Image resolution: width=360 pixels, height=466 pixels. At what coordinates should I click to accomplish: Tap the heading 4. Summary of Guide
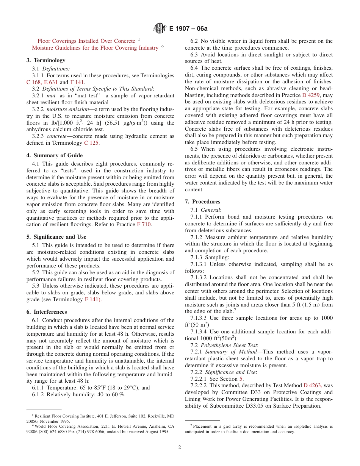pyautogui.click(x=55, y=155)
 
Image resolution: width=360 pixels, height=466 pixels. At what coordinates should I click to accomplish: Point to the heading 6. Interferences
pyautogui.click(x=47, y=312)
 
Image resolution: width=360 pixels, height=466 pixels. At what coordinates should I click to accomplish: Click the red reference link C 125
pyautogui.click(x=92, y=143)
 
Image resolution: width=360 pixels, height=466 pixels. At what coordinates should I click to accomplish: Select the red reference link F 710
pyautogui.click(x=144, y=224)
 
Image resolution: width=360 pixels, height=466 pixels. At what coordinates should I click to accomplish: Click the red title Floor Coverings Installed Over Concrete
pyautogui.click(x=86, y=41)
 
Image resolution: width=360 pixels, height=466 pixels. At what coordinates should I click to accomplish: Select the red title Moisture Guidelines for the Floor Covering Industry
pyautogui.click(x=95, y=48)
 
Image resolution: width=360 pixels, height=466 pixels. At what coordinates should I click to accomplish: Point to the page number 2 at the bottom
pyautogui.click(x=180, y=447)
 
